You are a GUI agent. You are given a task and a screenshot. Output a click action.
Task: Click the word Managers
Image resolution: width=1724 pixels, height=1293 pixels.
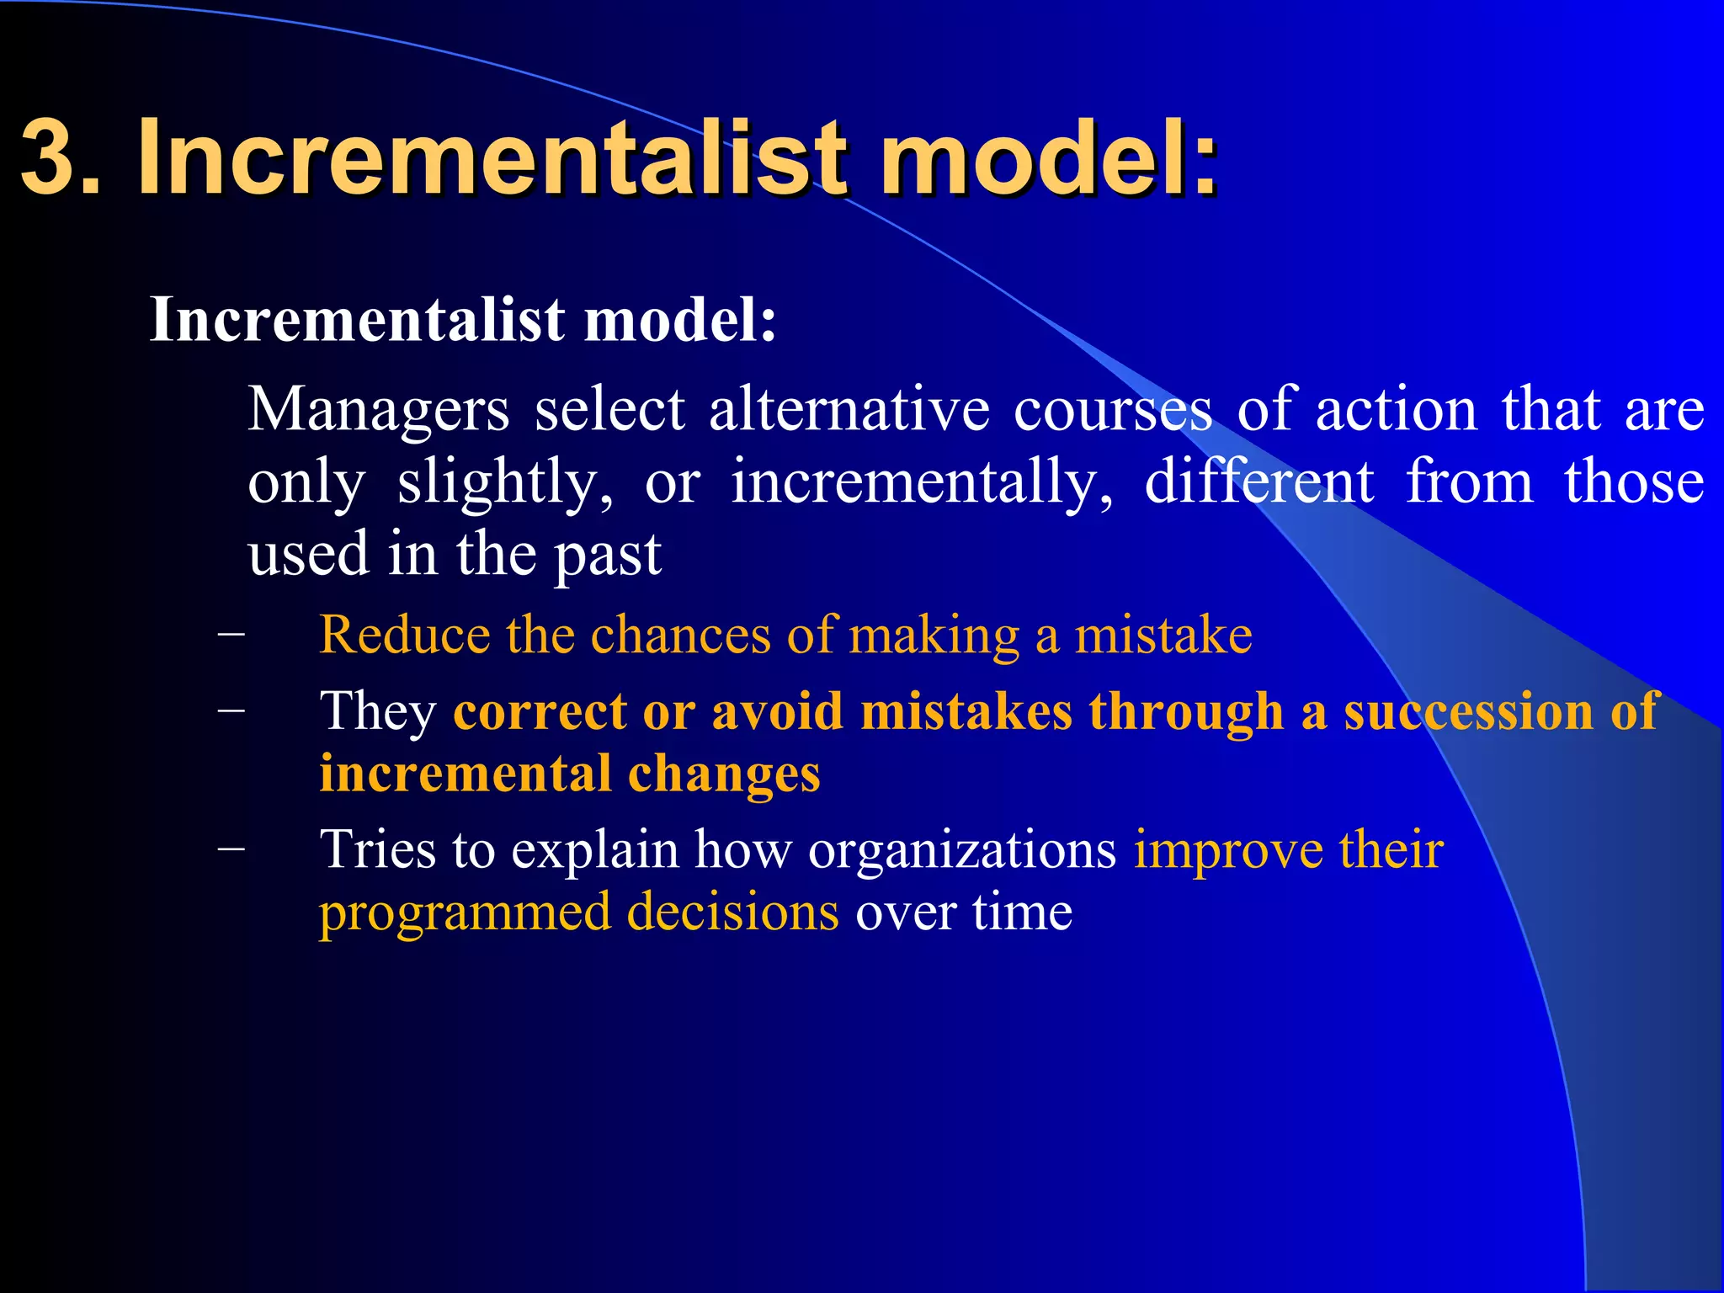click(378, 410)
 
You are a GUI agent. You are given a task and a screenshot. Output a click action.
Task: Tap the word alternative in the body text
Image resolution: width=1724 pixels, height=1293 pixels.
click(849, 410)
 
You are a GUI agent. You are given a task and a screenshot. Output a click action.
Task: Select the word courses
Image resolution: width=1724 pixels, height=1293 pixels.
click(1113, 410)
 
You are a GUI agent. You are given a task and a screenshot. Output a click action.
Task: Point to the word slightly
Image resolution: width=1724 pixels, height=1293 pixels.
click(504, 483)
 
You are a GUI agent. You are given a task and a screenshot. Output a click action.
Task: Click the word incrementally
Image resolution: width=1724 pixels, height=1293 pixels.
click(922, 483)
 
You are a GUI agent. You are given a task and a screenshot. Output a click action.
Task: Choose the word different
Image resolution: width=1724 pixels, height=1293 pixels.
click(1259, 482)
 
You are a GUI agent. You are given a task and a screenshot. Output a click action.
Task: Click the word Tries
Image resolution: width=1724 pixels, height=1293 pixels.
click(377, 849)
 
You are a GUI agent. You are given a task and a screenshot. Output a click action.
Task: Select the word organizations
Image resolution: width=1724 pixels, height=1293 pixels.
click(961, 851)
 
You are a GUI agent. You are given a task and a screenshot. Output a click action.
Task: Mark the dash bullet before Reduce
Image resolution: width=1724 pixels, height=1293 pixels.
click(231, 635)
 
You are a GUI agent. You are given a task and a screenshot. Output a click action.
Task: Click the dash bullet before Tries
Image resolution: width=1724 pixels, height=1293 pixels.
click(231, 849)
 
